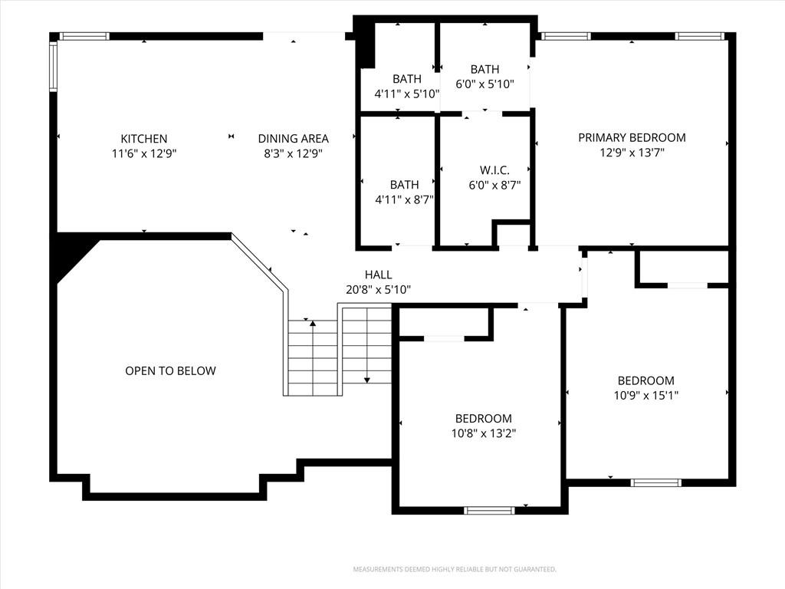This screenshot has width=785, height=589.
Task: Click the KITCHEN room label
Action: pyautogui.click(x=143, y=139)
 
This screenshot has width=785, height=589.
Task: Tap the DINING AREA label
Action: pyautogui.click(x=294, y=139)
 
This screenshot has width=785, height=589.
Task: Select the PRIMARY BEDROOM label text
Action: pyautogui.click(x=632, y=138)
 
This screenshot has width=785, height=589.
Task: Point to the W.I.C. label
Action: pyautogui.click(x=494, y=170)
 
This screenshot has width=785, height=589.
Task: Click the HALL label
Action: pyautogui.click(x=379, y=275)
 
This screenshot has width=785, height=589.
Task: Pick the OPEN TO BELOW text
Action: pyautogui.click(x=170, y=370)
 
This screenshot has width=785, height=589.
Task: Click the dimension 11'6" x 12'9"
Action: pyautogui.click(x=144, y=153)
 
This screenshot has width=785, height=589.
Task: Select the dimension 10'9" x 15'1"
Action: pyautogui.click(x=645, y=395)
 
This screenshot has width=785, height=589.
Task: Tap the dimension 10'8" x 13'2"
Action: pyautogui.click(x=484, y=433)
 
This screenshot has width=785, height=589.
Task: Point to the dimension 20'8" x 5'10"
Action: pyautogui.click(x=379, y=289)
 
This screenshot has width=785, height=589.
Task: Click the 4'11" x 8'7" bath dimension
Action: pyautogui.click(x=405, y=200)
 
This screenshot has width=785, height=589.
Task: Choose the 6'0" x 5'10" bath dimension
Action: pyautogui.click(x=484, y=84)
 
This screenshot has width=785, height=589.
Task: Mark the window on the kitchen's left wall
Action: pyautogui.click(x=53, y=66)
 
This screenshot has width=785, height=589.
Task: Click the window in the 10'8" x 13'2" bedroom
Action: pyautogui.click(x=489, y=510)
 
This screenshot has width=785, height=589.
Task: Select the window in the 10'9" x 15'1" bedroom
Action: pyautogui.click(x=656, y=482)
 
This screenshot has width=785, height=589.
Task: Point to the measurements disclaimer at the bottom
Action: pyautogui.click(x=455, y=570)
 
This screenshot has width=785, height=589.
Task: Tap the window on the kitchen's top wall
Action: pyautogui.click(x=84, y=36)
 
